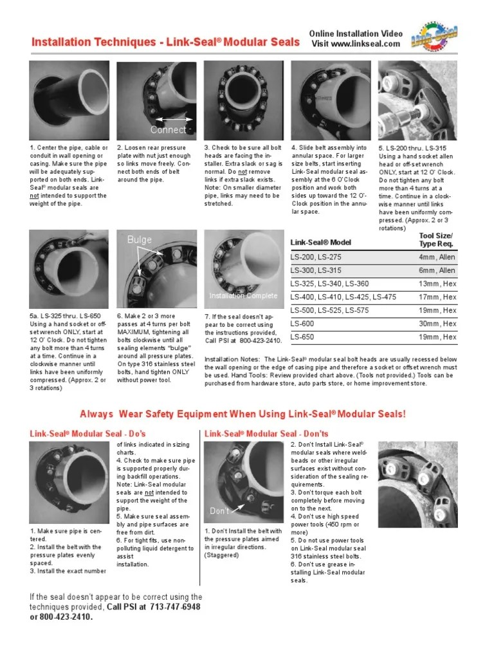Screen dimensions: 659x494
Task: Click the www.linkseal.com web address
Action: tap(365, 44)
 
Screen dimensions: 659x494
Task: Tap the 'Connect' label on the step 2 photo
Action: tap(168, 130)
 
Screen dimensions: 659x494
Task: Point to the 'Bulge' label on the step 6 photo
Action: tap(139, 239)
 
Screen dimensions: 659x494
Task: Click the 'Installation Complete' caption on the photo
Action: tap(243, 296)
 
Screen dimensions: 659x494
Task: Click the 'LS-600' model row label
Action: tap(304, 324)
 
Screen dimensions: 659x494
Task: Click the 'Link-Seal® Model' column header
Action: tap(320, 242)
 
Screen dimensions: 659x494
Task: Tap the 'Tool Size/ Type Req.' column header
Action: tap(437, 239)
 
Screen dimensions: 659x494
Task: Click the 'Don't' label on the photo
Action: tap(220, 510)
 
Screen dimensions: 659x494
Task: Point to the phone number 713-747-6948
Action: tap(175, 607)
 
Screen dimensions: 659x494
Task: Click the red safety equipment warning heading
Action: tap(242, 414)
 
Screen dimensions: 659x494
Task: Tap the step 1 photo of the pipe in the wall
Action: tap(69, 101)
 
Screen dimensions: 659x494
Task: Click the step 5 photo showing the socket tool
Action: tap(419, 101)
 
